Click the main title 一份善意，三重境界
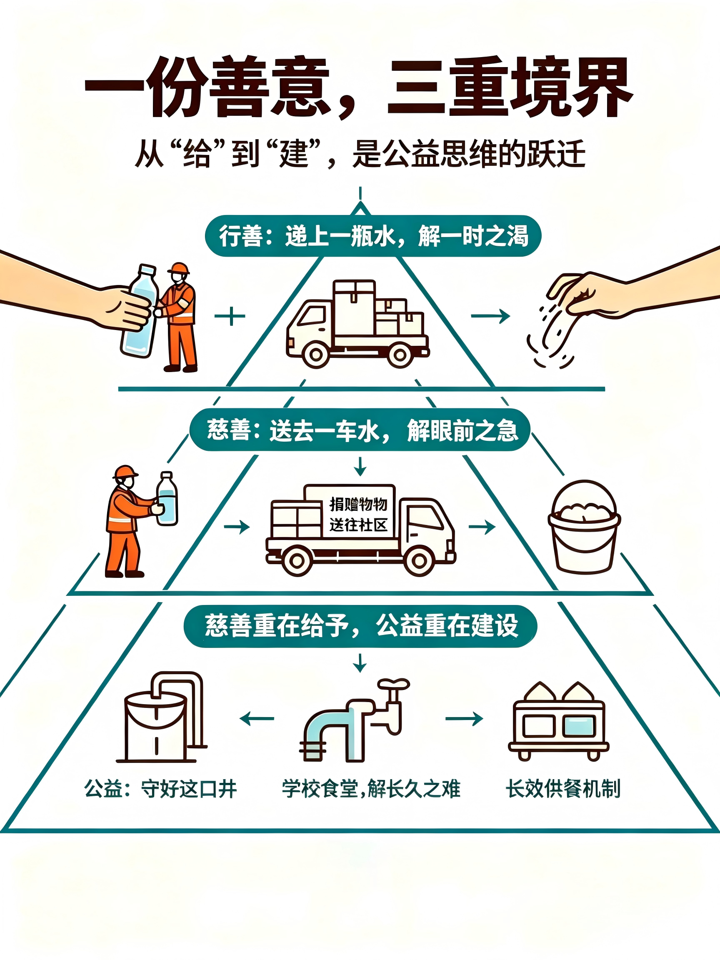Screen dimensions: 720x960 pos(358,87)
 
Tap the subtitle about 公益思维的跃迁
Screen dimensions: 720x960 pos(360,153)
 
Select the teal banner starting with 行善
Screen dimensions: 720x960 pos(373,236)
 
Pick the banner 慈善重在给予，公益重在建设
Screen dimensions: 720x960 pos(360,626)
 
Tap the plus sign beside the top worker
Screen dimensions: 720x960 pos(230,316)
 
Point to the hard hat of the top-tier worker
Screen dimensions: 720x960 pos(178,268)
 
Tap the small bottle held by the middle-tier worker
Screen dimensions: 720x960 pos(167,499)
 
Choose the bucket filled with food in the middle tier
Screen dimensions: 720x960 pos(584,527)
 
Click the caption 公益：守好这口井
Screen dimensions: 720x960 pos(160,789)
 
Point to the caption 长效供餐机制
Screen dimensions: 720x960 pos(563,789)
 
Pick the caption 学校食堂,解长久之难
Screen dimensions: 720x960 pos(371,789)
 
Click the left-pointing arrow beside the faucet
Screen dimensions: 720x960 pos(257,719)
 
